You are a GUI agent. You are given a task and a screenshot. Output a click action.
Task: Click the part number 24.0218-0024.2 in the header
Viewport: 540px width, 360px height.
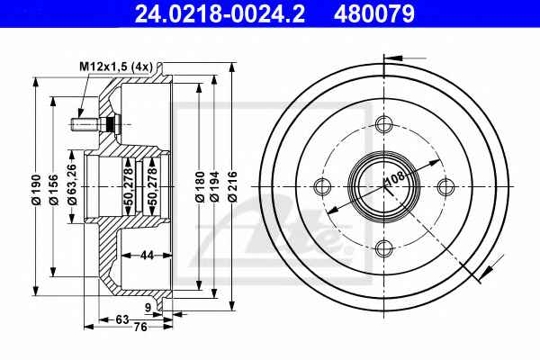pyautogui.click(x=220, y=13)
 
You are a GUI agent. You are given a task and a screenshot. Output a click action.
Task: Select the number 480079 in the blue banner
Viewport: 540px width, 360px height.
pyautogui.click(x=374, y=13)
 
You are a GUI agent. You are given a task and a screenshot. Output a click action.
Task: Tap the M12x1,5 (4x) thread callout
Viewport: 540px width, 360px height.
pyautogui.click(x=116, y=67)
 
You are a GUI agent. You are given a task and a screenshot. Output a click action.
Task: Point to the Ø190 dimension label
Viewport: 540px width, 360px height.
pyautogui.click(x=36, y=190)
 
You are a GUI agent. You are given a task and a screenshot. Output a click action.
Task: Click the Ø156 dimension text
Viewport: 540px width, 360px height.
pyautogui.click(x=53, y=190)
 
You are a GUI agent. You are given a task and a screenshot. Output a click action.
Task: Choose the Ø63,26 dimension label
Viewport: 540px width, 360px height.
pyautogui.click(x=72, y=184)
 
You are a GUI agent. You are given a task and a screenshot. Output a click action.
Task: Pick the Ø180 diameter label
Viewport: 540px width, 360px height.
pyautogui.click(x=200, y=186)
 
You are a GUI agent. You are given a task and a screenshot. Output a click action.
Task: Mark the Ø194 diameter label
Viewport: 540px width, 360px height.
pyautogui.click(x=214, y=186)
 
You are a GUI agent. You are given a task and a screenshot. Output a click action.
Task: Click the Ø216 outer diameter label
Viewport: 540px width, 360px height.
pyautogui.click(x=232, y=186)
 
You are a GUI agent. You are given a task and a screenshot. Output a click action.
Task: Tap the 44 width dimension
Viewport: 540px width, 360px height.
pyautogui.click(x=147, y=256)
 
